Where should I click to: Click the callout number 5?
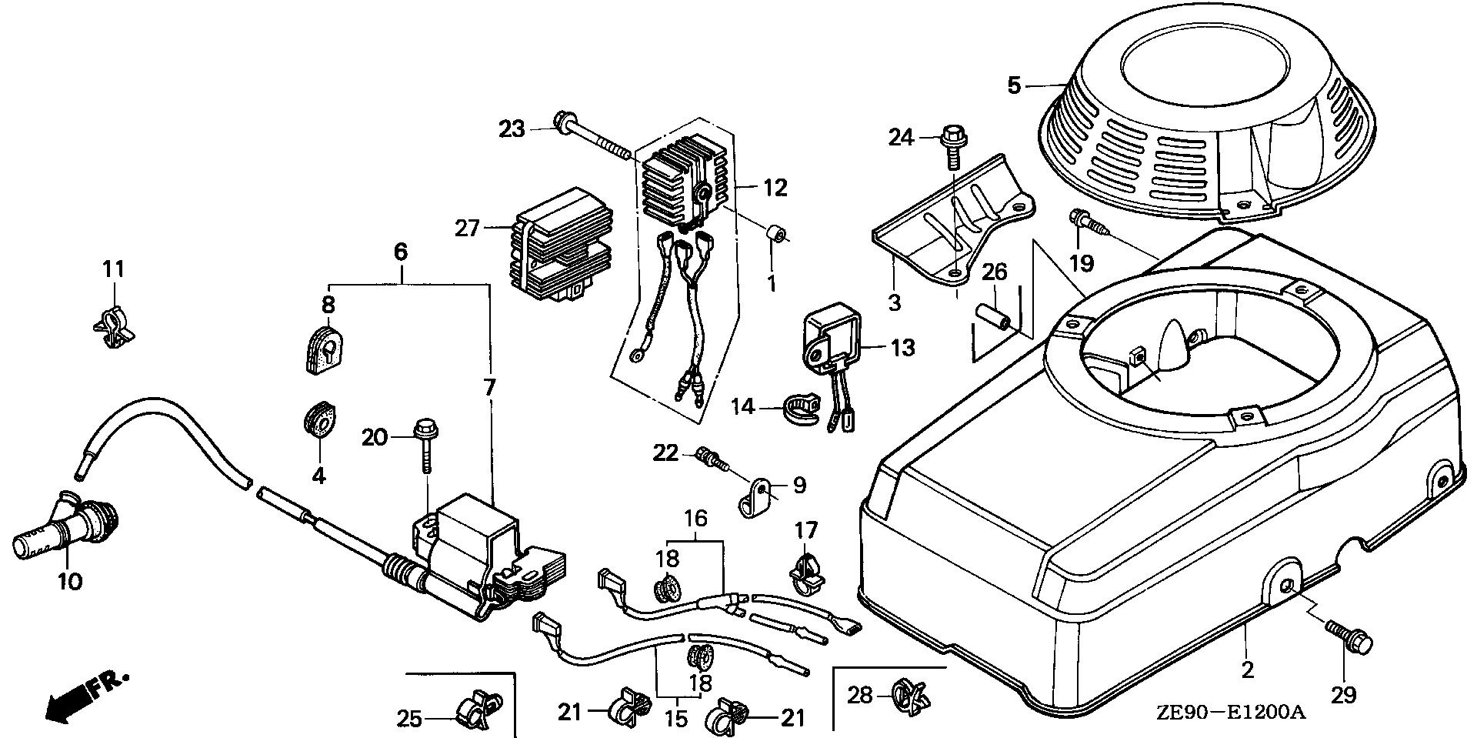click(1014, 85)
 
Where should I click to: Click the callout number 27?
click(467, 229)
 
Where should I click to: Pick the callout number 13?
click(904, 348)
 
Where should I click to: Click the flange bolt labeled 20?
click(424, 444)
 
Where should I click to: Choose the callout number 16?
click(695, 518)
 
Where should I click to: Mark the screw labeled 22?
click(709, 458)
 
